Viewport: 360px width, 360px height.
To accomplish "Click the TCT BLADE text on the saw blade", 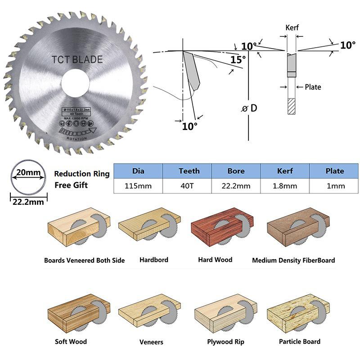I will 77,59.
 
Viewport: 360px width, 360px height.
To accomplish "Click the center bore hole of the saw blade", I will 76,84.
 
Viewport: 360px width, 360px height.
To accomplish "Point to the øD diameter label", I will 250,108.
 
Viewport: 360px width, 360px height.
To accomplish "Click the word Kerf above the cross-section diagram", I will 292,27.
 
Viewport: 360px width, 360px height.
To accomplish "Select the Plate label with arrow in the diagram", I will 313,87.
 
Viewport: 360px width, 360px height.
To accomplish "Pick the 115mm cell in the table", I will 138,186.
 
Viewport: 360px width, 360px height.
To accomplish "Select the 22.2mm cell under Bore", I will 236,186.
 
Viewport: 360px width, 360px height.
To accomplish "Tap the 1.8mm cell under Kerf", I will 284,186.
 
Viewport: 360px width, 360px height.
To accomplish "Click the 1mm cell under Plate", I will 334,186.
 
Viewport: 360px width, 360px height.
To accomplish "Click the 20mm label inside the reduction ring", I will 27,172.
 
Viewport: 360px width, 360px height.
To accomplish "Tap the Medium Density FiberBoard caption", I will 293,260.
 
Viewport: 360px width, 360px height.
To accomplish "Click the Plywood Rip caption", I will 226,342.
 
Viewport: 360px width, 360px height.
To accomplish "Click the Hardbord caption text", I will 154,260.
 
